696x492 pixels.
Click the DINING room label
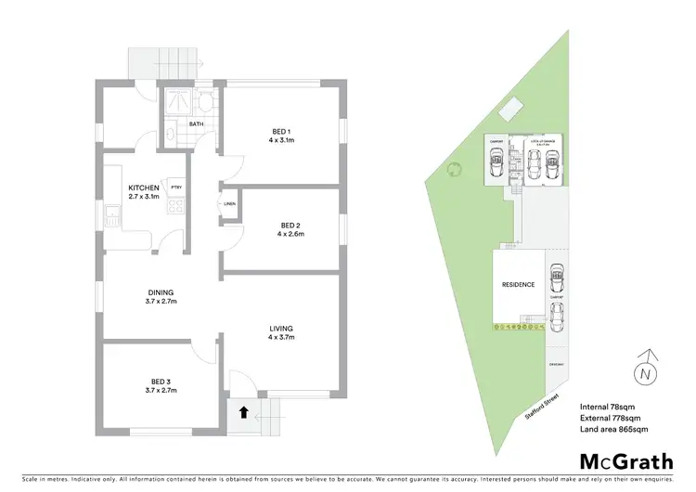tap(161, 296)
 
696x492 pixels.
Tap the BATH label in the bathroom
tap(196, 123)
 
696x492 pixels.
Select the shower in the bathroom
tap(176, 98)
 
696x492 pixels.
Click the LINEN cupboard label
tap(229, 205)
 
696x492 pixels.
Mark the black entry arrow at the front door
tap(243, 413)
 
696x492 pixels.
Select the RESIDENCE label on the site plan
tap(518, 285)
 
